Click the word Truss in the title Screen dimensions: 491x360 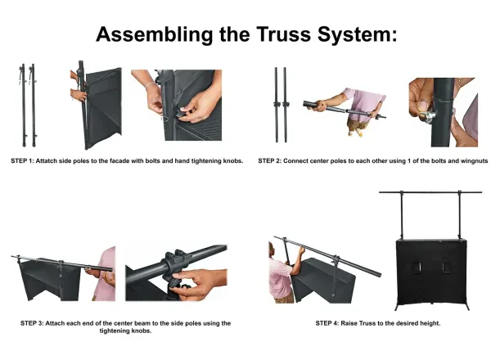(284, 34)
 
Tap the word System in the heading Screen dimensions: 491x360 (357, 35)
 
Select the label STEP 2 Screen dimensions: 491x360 (269, 161)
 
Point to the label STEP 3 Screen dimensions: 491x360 (31, 323)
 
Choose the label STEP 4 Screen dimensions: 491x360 (327, 323)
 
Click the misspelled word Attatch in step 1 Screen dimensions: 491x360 (47, 161)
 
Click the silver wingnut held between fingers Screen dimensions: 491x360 (427, 116)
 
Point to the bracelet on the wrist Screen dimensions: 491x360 (151, 84)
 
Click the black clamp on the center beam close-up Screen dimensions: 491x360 (175, 261)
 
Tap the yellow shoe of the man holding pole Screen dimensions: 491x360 (359, 133)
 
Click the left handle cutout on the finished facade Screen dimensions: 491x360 (417, 268)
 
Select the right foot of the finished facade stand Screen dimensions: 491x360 (466, 306)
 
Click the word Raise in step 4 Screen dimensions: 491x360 (349, 323)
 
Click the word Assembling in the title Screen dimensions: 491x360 (155, 35)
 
